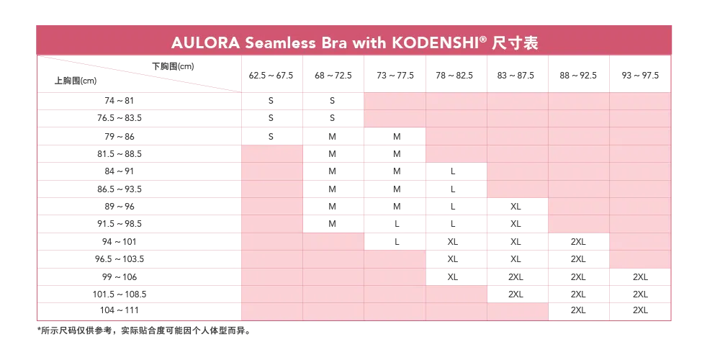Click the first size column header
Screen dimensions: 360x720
pyautogui.click(x=271, y=75)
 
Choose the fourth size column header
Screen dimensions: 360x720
pyautogui.click(x=455, y=75)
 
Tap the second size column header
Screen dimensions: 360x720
pyautogui.click(x=333, y=75)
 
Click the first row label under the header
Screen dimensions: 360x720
pyautogui.click(x=138, y=102)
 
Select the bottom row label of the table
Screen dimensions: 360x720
pyautogui.click(x=138, y=312)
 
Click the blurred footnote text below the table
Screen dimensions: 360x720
pyautogui.click(x=144, y=332)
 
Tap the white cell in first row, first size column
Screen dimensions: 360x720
pyautogui.click(x=271, y=102)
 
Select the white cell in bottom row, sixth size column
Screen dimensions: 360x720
pyautogui.click(x=579, y=312)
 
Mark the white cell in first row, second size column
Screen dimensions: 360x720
pyautogui.click(x=333, y=102)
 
